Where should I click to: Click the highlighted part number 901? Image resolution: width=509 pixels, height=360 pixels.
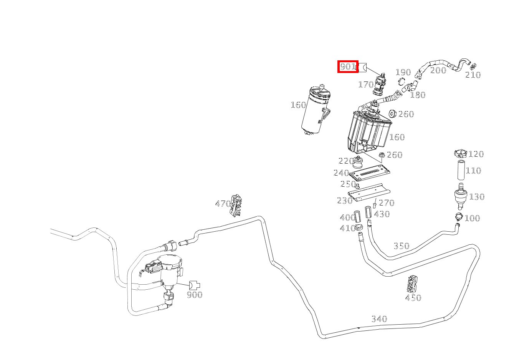[348, 67]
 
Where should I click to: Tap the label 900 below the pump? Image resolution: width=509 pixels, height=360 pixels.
[194, 295]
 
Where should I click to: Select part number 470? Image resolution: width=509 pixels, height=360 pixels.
[223, 204]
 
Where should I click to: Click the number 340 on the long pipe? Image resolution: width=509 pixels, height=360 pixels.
[379, 319]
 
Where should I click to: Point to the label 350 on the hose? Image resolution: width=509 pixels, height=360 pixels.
[402, 246]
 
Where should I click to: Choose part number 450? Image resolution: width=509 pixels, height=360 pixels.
[413, 298]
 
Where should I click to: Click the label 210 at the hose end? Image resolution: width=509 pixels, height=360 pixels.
[473, 75]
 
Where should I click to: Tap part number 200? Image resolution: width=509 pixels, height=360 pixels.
[438, 70]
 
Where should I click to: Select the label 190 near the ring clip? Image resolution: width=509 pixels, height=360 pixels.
[403, 72]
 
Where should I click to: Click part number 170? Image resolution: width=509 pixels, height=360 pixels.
[366, 85]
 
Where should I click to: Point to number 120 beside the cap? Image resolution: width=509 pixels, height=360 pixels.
[476, 154]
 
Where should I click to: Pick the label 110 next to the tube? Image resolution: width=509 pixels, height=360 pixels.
[473, 171]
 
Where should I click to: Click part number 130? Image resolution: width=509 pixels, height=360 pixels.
[477, 197]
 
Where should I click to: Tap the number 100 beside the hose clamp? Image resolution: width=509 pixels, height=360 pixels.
[472, 218]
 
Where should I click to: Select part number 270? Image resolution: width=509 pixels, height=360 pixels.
[387, 203]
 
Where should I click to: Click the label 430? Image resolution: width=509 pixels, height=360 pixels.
[382, 214]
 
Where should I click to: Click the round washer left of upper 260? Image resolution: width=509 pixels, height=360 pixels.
[393, 114]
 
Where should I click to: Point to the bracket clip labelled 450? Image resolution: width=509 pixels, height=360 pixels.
[413, 284]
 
